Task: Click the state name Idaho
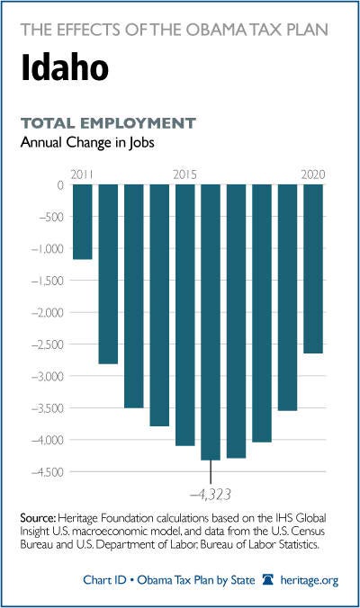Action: click(x=65, y=67)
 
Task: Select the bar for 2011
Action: click(x=83, y=221)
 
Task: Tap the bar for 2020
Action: click(x=313, y=269)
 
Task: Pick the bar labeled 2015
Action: click(x=185, y=315)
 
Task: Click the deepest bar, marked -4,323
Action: click(x=211, y=322)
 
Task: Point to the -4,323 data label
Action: click(x=211, y=495)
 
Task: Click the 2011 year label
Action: click(x=82, y=174)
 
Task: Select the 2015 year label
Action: click(x=185, y=174)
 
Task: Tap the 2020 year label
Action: click(x=313, y=174)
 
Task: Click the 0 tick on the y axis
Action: click(x=60, y=185)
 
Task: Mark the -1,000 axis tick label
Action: click(x=47, y=248)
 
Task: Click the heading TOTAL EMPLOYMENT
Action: click(x=108, y=123)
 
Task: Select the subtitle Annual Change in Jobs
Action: click(x=87, y=143)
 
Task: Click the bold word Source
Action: click(x=39, y=518)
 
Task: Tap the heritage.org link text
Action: click(x=310, y=580)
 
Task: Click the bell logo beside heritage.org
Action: click(x=267, y=580)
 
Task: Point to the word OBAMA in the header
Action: click(x=220, y=30)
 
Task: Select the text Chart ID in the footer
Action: click(x=104, y=580)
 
